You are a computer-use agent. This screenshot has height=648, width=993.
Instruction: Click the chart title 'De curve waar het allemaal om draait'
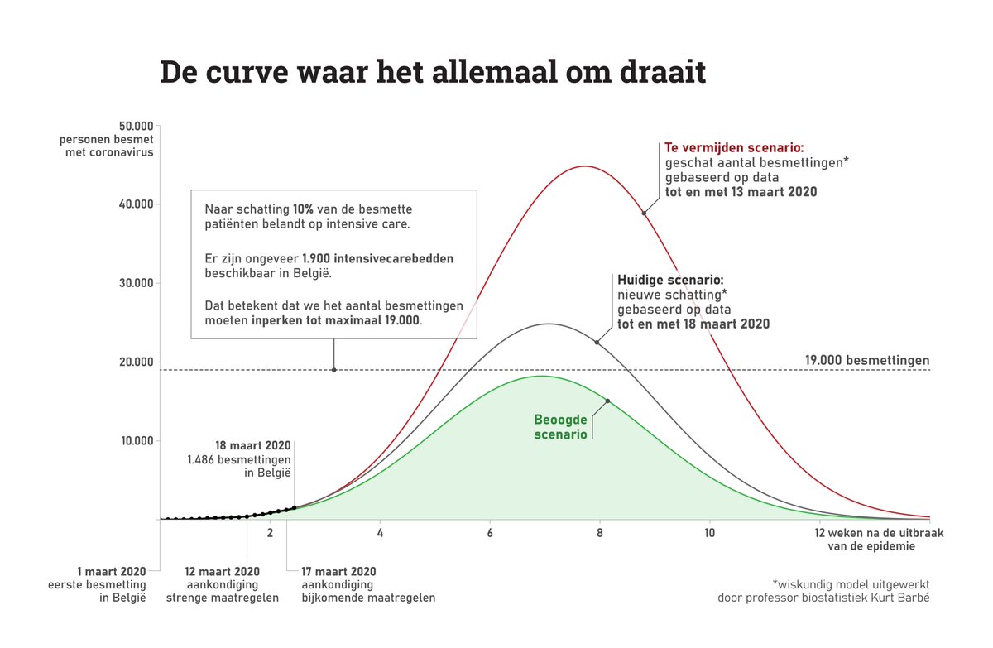click(x=432, y=73)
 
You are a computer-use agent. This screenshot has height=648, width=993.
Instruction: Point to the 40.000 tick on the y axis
click(x=133, y=204)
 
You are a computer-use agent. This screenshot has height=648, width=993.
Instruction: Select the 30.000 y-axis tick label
click(x=133, y=283)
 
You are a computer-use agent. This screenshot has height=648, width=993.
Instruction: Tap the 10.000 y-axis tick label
click(x=133, y=440)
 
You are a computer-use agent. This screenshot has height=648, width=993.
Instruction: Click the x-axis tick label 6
click(x=490, y=534)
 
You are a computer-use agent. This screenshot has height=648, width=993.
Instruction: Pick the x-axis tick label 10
click(x=710, y=534)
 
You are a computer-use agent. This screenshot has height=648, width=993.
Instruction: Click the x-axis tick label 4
click(x=380, y=534)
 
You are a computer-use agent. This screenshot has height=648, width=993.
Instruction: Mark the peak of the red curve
click(x=584, y=166)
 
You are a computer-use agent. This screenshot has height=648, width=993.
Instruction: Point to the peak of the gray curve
click(x=547, y=324)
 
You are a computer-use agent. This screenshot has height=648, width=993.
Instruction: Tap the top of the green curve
click(x=540, y=376)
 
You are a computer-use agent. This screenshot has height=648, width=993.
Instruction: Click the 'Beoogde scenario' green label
click(x=561, y=426)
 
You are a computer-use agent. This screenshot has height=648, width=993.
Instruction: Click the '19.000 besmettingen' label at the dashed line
click(x=867, y=360)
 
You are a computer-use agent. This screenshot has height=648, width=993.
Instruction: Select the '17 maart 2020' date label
click(x=338, y=571)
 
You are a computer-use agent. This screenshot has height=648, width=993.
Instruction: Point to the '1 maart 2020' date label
click(x=111, y=571)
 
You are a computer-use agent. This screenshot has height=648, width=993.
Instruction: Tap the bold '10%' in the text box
click(x=303, y=209)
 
